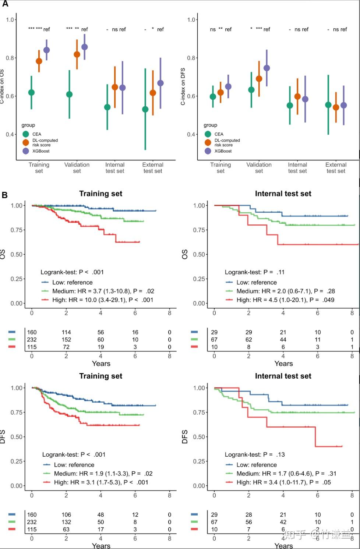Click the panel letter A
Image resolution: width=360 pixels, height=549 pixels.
5,4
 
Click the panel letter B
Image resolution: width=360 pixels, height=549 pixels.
5,195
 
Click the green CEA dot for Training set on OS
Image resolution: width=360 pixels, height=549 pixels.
31,92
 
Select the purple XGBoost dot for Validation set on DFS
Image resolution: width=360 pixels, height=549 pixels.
267,68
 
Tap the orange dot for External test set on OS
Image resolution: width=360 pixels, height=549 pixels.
153,93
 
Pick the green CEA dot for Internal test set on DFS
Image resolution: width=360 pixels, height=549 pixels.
290,105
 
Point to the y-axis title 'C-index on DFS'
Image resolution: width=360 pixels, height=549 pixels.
183,86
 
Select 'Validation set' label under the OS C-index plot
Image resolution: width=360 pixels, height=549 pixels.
77,168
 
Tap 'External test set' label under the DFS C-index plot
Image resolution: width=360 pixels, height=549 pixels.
336,168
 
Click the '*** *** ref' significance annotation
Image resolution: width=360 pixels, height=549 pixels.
39,29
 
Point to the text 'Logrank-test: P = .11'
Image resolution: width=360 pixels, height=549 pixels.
255,272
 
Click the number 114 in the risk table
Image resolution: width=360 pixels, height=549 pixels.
66,332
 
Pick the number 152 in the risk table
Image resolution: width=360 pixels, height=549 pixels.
66,340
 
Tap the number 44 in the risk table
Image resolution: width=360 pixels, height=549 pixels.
283,340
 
